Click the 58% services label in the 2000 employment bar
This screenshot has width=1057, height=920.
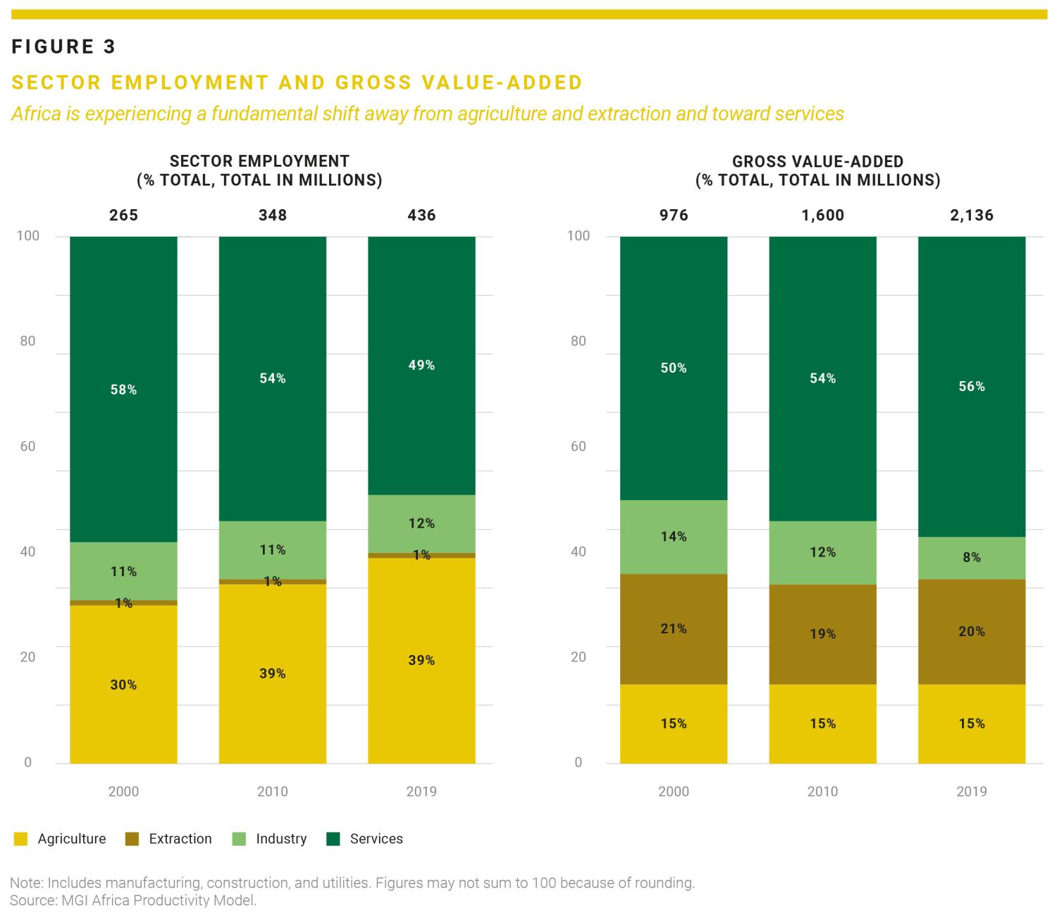point(123,390)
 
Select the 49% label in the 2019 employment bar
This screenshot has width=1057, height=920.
point(421,365)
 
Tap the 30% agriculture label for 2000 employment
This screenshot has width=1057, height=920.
point(123,685)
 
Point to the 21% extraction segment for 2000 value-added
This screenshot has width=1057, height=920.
point(674,628)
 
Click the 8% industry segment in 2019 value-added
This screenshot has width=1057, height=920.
point(972,557)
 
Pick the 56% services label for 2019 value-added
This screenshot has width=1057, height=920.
point(972,386)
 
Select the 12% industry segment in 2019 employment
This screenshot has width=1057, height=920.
point(421,523)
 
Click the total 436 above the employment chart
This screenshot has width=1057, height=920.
point(421,216)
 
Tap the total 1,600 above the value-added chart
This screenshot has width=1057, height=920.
point(822,216)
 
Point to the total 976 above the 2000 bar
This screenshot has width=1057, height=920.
point(674,216)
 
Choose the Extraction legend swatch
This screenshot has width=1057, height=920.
point(132,839)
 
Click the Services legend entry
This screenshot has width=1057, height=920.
point(376,839)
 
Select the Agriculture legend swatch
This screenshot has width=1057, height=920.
point(20,839)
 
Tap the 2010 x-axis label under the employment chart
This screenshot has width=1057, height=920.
point(272,792)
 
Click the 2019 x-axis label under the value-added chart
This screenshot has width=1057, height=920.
point(972,792)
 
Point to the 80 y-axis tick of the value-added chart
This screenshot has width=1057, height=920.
point(579,342)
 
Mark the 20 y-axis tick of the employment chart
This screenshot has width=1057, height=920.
point(28,657)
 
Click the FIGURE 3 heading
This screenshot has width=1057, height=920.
point(63,47)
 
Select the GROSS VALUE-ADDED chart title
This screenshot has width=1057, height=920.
point(817,162)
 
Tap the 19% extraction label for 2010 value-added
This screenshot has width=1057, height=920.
point(822,634)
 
